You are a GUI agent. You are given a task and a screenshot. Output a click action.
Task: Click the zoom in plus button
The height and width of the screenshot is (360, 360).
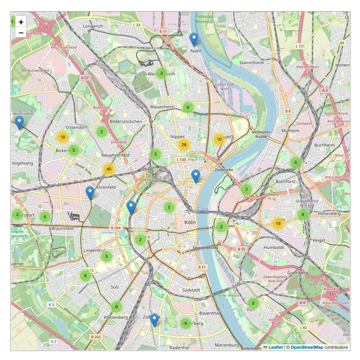[x=21, y=22]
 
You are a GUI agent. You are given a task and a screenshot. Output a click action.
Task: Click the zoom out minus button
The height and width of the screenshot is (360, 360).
[x=21, y=33]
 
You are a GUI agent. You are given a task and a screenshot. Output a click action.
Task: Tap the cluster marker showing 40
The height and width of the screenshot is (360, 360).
[x=108, y=169]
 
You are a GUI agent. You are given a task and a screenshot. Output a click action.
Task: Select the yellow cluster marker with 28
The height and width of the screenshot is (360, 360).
[x=184, y=145]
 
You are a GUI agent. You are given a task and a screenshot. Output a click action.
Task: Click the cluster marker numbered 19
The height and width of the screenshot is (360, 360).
[x=278, y=223]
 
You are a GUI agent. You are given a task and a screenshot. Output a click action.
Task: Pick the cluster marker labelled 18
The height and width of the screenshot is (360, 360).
[x=63, y=137]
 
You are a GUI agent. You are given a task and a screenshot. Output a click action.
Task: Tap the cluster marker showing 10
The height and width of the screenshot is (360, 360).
[x=219, y=139]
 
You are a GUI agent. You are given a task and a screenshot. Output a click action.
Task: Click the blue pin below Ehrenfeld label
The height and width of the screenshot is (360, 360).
[x=90, y=193]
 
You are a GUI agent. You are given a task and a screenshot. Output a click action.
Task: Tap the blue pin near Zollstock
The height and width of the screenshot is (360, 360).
[x=154, y=320]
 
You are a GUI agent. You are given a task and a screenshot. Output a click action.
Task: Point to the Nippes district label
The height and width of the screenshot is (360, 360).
[x=178, y=136]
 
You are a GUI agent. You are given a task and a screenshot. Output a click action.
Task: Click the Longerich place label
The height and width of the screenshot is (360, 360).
[x=93, y=26]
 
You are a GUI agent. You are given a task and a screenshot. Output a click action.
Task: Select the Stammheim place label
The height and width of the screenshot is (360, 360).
[x=251, y=62]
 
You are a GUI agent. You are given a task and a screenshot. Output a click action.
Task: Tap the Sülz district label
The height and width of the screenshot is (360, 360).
[x=114, y=286]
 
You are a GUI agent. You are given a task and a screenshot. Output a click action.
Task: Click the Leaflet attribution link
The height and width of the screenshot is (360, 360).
[x=275, y=347]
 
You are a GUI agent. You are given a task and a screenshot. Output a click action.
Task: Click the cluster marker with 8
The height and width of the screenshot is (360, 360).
[x=85, y=275]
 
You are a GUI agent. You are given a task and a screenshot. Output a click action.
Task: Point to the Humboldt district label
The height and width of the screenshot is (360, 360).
[x=274, y=247]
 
